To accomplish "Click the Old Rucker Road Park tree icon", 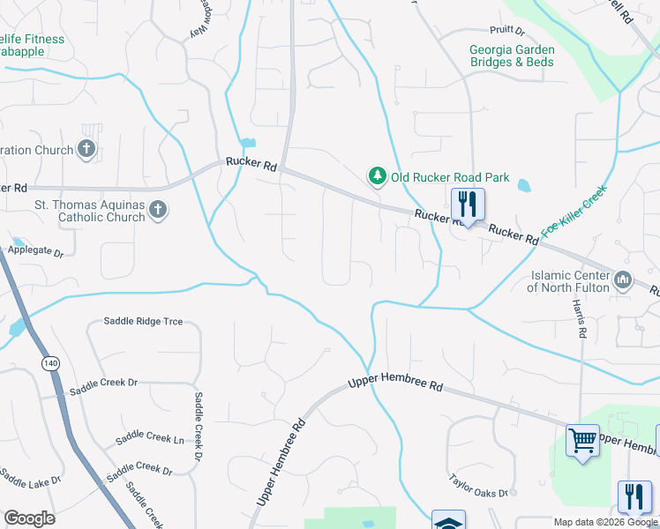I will tap(378, 176).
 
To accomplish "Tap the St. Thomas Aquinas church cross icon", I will tap(158, 210).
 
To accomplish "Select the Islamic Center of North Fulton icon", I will tap(623, 280).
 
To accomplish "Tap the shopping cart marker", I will tap(582, 439).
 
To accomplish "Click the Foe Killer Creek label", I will tap(574, 211).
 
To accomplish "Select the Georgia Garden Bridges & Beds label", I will tap(512, 56).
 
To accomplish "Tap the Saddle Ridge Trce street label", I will tap(143, 322).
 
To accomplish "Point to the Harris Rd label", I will tap(580, 318).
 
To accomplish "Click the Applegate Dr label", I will tap(36, 252).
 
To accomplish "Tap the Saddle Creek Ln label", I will tap(150, 440).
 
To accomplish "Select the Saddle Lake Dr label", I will tap(30, 481).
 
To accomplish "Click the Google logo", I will tap(29, 518).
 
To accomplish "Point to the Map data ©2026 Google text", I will tap(605, 522).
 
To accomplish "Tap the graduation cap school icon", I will tap(448, 522).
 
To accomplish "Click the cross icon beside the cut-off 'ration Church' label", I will tap(86, 149).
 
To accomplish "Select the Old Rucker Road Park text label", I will tap(450, 177).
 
